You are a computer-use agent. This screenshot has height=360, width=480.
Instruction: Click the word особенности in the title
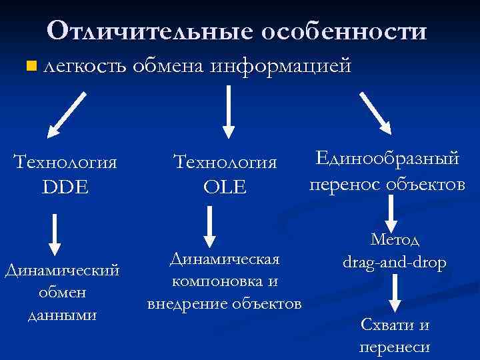pos(343,31)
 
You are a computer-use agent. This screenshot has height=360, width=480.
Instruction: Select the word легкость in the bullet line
pos(83,65)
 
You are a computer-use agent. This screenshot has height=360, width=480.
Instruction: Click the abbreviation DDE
pos(65,187)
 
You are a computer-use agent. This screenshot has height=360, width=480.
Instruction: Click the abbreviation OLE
pos(225,187)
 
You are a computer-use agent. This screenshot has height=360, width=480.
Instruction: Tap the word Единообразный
pos(387,159)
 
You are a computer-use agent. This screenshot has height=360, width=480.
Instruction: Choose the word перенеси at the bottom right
pos(395,347)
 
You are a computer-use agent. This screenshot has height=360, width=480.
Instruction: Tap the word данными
pos(62,314)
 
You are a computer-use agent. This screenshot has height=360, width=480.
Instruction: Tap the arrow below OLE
pos(209,225)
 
